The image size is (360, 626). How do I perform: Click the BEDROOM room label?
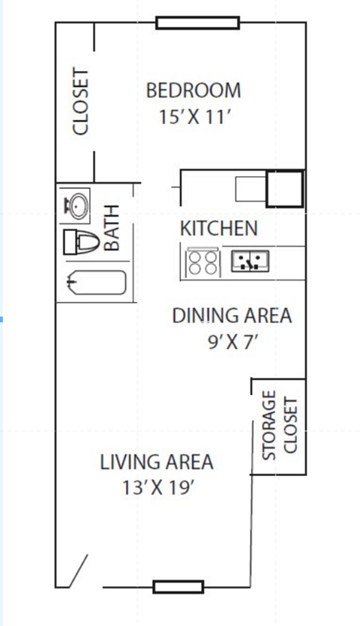point(193,91)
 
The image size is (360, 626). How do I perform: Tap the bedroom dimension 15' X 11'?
point(193,117)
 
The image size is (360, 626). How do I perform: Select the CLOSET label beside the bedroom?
point(80,102)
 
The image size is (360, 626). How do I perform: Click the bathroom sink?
point(76,205)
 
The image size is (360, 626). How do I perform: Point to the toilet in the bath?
point(82,242)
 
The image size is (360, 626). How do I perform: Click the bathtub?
point(95,283)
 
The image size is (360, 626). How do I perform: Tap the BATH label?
point(112,228)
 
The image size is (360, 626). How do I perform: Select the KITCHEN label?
point(218,229)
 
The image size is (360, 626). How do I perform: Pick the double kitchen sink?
point(250,261)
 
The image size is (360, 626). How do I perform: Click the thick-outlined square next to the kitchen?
point(285,189)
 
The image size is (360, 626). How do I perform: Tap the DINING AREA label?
point(232,316)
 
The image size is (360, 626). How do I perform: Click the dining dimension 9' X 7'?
point(232,342)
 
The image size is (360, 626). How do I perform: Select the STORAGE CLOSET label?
point(280,426)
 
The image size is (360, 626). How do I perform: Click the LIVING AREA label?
point(157,462)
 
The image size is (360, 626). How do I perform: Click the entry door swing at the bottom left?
point(77,571)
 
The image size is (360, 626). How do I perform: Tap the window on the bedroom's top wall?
point(197,22)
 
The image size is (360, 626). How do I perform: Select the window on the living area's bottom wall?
point(178,586)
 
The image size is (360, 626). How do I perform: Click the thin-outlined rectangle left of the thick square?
point(250,189)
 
